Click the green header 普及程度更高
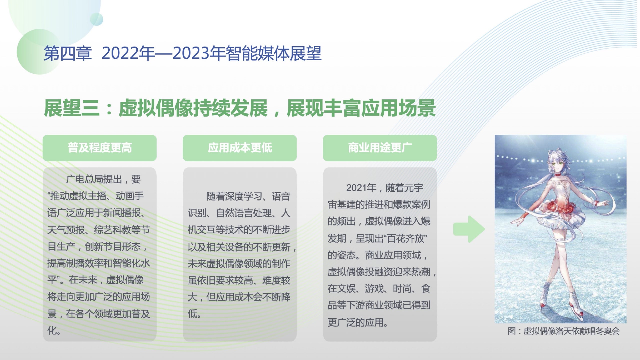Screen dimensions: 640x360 (100, 148)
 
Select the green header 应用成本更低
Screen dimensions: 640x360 (240, 148)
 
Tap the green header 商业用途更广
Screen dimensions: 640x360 (380, 148)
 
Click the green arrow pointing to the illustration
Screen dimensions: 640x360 (469, 229)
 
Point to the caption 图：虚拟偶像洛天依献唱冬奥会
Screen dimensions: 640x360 (563, 331)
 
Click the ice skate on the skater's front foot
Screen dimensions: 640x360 (576, 305)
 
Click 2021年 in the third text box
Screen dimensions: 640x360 (361, 188)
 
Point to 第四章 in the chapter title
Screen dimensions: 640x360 (67, 53)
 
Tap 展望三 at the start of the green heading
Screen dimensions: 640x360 (72, 108)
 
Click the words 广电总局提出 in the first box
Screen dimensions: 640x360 (94, 179)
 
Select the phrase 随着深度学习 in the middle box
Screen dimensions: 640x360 (234, 196)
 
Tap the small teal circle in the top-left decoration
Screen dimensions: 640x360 (97, 19)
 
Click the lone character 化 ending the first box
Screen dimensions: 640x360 (52, 330)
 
